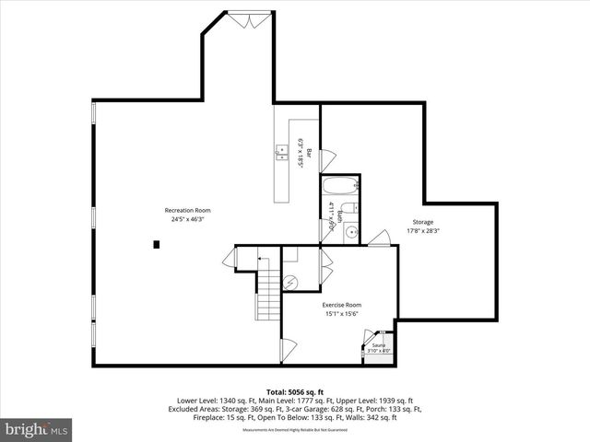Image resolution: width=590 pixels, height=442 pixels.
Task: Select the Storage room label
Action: [x=423, y=222]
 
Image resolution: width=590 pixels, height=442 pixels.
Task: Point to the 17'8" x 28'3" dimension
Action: [x=423, y=231]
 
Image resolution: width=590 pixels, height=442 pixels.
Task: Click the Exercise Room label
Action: [x=341, y=305]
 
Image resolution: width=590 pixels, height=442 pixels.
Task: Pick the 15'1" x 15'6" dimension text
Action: [x=341, y=314]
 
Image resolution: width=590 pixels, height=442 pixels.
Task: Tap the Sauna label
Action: [x=379, y=344]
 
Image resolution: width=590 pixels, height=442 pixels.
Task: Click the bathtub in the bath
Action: [x=339, y=185]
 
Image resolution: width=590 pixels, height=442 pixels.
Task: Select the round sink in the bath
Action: [x=350, y=233]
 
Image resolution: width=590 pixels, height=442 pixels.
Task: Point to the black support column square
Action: [x=157, y=244]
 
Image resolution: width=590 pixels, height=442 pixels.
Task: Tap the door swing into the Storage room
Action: [x=376, y=238]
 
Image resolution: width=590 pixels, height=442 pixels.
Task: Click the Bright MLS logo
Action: [x=37, y=429]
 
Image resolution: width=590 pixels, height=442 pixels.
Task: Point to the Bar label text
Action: [x=311, y=153]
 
